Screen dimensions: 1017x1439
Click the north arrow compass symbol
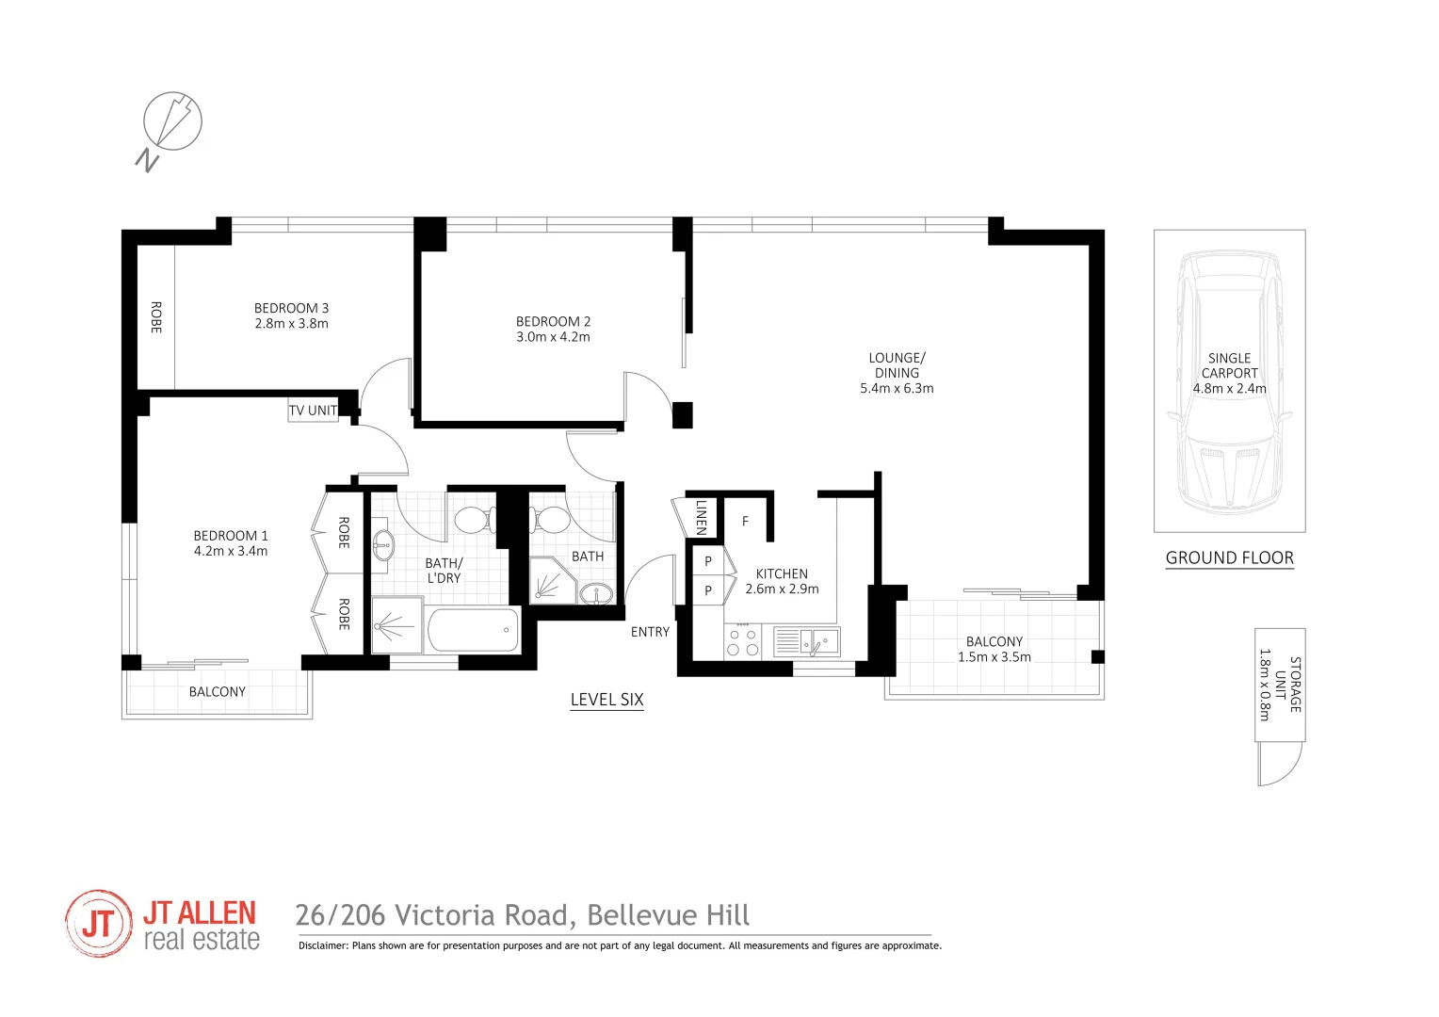pyautogui.click(x=172, y=121)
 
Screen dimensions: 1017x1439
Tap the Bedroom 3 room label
pyautogui.click(x=291, y=308)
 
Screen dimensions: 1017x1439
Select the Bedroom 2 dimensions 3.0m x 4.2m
pyautogui.click(x=553, y=337)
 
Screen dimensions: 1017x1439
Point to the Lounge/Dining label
pyautogui.click(x=897, y=365)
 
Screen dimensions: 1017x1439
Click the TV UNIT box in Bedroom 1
pyautogui.click(x=313, y=411)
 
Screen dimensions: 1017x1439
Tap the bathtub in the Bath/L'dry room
pyautogui.click(x=473, y=630)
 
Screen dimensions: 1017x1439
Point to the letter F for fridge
pyautogui.click(x=745, y=521)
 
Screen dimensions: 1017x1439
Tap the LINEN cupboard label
pyautogui.click(x=701, y=517)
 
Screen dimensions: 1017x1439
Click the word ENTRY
pyautogui.click(x=650, y=632)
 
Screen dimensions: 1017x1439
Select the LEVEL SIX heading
pyautogui.click(x=606, y=700)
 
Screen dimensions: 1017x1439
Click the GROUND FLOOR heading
pyautogui.click(x=1229, y=557)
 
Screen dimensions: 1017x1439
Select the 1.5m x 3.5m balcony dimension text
pyautogui.click(x=994, y=657)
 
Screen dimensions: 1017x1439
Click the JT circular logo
pyautogui.click(x=99, y=924)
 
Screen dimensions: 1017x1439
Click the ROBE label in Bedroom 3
pyautogui.click(x=156, y=317)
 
